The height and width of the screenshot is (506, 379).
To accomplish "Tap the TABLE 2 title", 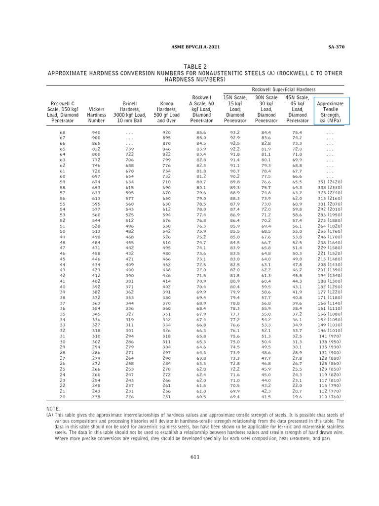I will [195, 67].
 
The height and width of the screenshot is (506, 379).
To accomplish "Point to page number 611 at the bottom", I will [195, 457].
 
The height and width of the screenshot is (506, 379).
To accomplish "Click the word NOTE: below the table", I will [54, 409].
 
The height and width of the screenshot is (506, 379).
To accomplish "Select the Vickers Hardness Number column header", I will [96, 112].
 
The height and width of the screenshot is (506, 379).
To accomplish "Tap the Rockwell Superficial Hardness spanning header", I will [284, 89].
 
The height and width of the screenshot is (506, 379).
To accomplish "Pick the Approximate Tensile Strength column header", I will [330, 112].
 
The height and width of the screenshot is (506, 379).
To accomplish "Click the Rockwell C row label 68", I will [63, 132].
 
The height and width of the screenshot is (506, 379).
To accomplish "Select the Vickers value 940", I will [96, 132].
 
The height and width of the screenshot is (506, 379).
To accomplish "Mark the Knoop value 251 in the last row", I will [166, 396].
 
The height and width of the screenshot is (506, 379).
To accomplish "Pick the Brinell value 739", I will [130, 149].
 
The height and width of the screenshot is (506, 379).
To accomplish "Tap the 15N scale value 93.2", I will [235, 132].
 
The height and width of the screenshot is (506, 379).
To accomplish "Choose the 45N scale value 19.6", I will [297, 396].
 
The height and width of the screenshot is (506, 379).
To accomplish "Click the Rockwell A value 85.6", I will [201, 132].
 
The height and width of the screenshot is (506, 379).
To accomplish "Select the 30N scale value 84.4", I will [266, 132].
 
